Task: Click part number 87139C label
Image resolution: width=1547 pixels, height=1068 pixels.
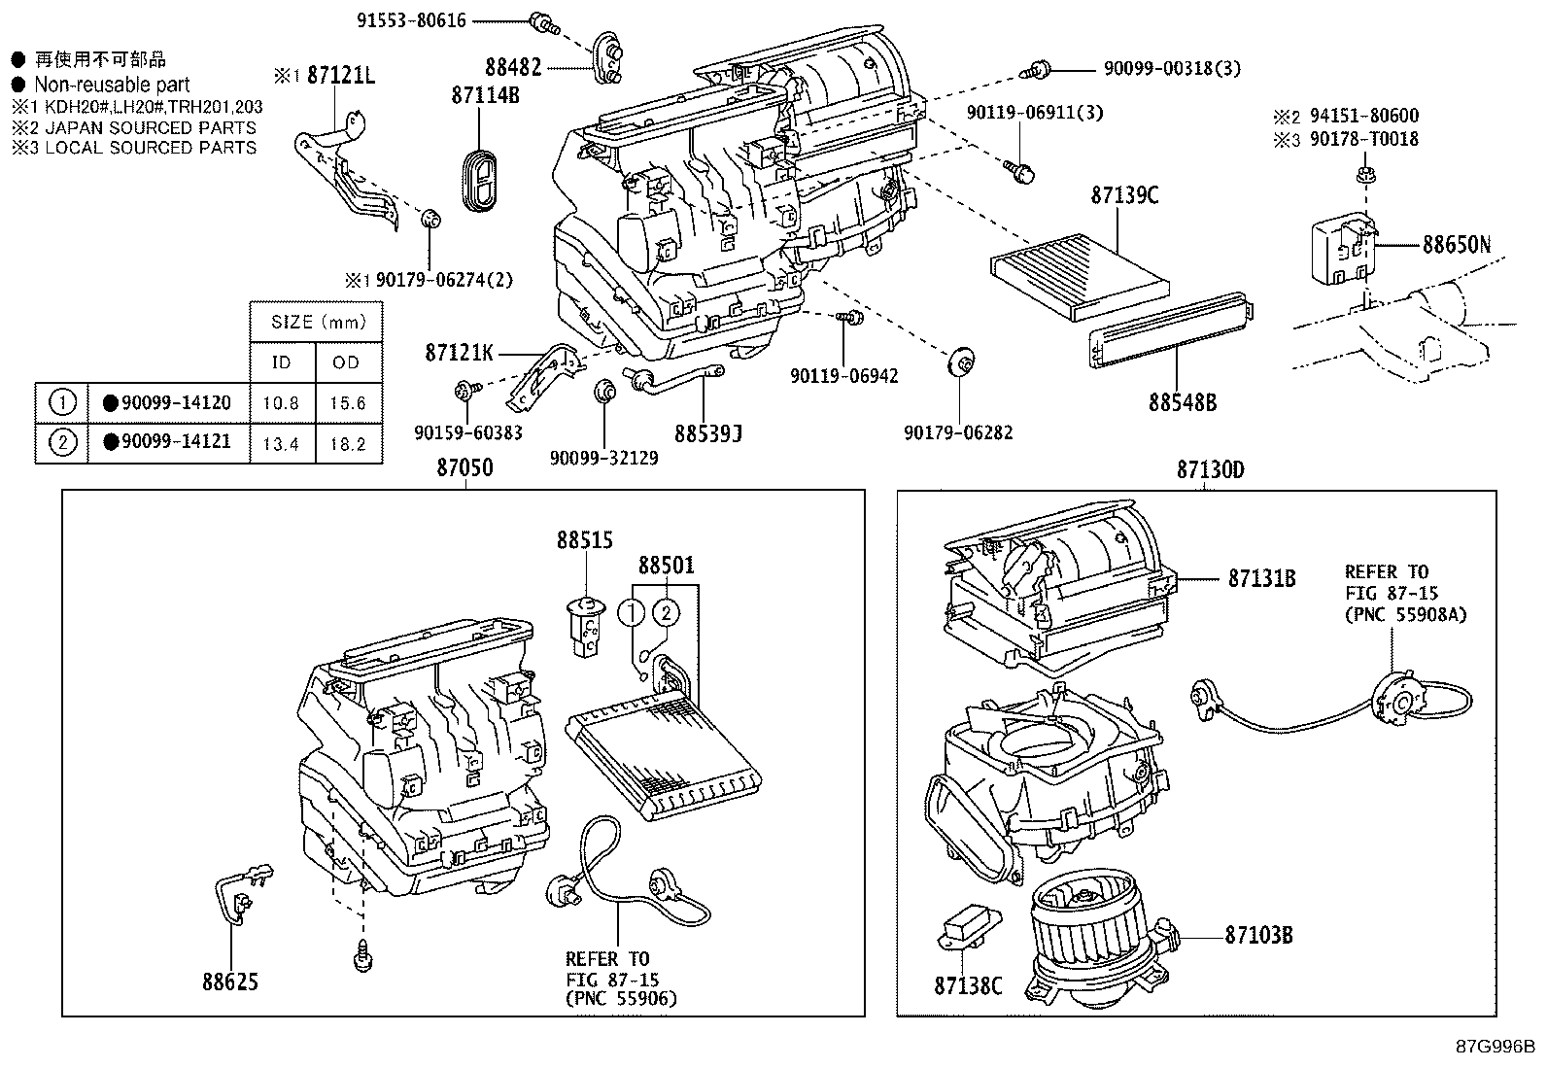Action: (x=1124, y=195)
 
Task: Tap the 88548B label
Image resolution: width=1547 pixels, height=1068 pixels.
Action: (x=1182, y=401)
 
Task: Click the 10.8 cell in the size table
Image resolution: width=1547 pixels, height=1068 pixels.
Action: (x=282, y=403)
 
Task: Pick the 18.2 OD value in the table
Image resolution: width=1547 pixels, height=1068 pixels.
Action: (x=347, y=443)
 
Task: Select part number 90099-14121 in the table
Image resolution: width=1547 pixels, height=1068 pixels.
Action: (x=167, y=442)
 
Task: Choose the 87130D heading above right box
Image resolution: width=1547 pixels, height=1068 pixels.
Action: (x=1210, y=470)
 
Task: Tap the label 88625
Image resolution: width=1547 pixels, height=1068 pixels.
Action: (x=230, y=982)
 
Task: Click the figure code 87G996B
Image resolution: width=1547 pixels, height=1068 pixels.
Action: (x=1495, y=1048)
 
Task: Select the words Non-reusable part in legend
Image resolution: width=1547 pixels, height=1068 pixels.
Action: (x=112, y=85)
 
